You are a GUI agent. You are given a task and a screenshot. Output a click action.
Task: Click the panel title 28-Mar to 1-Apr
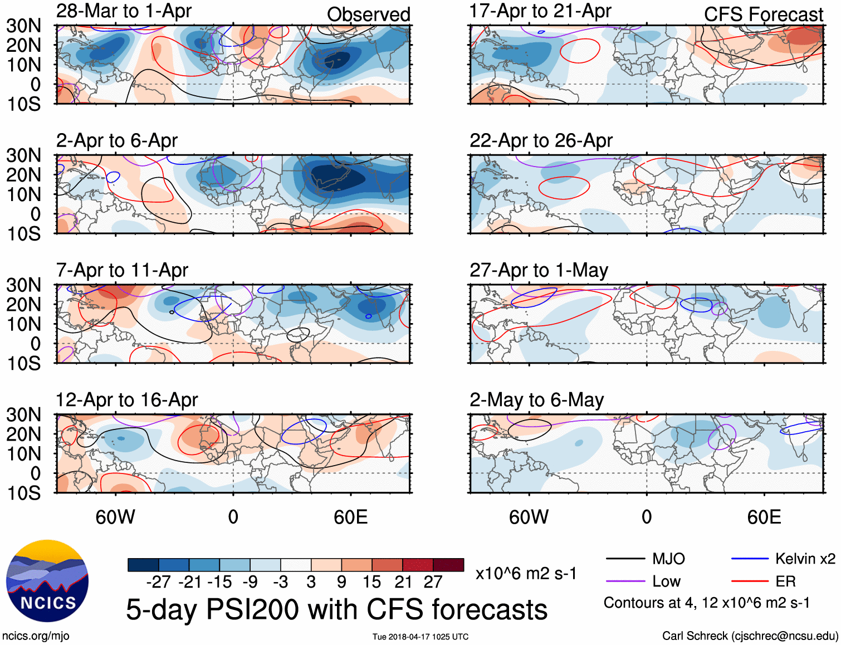click(124, 11)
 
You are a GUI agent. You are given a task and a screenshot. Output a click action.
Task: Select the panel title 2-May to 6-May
click(536, 400)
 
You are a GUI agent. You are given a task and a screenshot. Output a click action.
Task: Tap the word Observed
click(368, 14)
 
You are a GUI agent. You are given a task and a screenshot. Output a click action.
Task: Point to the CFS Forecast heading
click(763, 14)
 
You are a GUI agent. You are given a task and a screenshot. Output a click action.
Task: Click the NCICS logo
click(47, 581)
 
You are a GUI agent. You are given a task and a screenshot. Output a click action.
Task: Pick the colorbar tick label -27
click(158, 582)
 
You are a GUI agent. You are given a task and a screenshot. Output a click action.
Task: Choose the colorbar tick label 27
click(433, 582)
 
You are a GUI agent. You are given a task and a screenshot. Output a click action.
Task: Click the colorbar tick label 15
click(371, 582)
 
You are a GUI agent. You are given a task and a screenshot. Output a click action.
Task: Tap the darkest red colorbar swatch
click(448, 565)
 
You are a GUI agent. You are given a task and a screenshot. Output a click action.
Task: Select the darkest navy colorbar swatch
click(143, 565)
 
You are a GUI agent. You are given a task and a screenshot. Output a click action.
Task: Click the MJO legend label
click(668, 559)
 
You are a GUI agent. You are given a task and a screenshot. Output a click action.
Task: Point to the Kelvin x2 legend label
click(805, 559)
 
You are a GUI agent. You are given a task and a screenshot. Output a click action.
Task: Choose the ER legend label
click(785, 582)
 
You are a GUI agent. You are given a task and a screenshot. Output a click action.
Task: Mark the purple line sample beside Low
click(625, 582)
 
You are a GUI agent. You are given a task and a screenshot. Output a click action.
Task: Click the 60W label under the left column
click(115, 517)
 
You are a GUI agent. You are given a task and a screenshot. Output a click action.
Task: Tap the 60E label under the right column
click(764, 517)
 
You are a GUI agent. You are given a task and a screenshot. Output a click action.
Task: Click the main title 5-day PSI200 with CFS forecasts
click(336, 609)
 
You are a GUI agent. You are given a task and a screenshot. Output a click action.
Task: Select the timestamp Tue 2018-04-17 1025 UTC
click(420, 637)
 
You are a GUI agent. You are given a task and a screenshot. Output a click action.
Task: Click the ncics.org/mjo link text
click(36, 636)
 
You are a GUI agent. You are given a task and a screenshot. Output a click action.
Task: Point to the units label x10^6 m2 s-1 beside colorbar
click(526, 573)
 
